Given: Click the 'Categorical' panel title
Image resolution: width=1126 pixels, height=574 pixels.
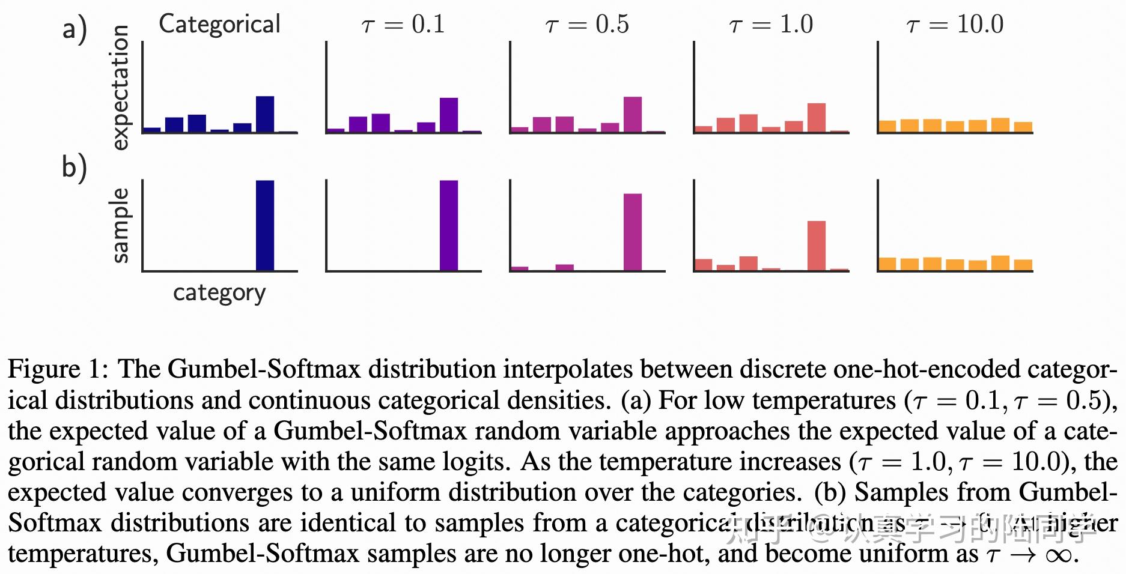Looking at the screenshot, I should (219, 25).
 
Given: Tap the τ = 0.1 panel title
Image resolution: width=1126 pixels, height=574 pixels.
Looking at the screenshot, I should (403, 25).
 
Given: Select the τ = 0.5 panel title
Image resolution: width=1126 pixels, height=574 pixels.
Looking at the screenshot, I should (587, 25).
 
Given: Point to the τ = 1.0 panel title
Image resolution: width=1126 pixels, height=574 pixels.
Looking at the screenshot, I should (771, 25).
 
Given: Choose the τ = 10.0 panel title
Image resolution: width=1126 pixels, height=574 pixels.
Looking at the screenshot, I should (955, 25).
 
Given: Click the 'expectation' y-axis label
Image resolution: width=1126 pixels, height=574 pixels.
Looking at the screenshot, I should (120, 88).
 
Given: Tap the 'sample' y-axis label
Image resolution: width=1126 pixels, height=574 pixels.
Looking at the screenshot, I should (120, 225).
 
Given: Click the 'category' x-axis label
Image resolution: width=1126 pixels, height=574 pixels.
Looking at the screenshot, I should (219, 293).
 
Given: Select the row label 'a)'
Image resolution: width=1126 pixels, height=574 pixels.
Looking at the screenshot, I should (75, 29).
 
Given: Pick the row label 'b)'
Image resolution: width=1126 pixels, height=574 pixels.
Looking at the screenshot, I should (75, 167).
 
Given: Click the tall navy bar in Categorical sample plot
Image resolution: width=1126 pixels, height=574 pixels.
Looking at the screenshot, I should (265, 225).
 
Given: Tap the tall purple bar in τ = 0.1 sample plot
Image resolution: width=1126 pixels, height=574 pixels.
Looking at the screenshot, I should (449, 225).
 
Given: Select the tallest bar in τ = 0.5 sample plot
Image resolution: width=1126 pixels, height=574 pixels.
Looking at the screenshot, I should (633, 232).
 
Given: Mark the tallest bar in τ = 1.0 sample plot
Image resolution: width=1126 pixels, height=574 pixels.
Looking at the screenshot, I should (817, 246).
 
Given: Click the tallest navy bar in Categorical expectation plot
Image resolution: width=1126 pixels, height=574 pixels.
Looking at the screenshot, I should (265, 114).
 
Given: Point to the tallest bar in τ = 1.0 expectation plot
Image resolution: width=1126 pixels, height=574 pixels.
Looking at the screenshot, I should (817, 118).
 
